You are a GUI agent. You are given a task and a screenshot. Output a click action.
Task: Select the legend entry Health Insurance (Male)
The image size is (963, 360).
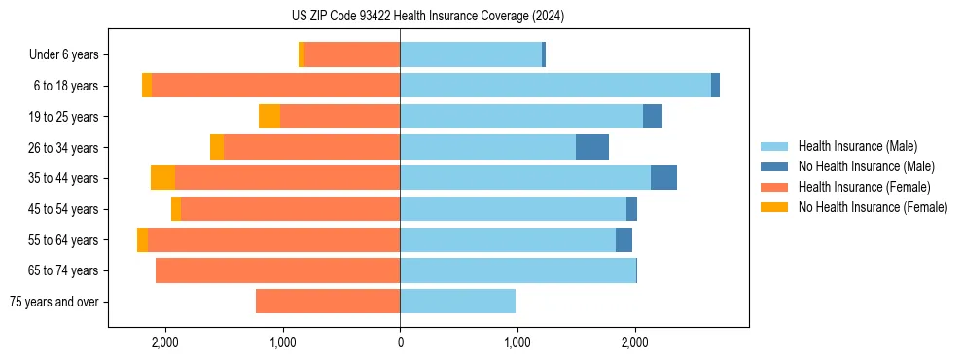(x=857, y=146)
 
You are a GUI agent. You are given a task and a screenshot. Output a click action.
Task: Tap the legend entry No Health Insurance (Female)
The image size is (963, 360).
(x=873, y=207)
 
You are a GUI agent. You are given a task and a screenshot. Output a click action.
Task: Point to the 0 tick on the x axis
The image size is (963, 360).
(x=400, y=343)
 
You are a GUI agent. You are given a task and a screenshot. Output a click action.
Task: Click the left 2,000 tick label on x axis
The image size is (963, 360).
(x=165, y=343)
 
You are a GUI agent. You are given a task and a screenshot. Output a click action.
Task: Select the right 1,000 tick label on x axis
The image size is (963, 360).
(x=517, y=343)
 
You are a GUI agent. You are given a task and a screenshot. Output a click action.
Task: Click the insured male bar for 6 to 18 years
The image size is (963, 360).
(x=554, y=86)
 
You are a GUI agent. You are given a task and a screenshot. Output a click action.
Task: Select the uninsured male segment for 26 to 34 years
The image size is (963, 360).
(x=592, y=147)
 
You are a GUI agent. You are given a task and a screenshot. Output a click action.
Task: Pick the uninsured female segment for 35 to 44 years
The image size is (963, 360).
(x=162, y=178)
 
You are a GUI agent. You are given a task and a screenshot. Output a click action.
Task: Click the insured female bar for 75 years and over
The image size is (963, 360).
(x=328, y=302)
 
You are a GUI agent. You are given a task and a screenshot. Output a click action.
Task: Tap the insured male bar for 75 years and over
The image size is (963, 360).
(x=457, y=302)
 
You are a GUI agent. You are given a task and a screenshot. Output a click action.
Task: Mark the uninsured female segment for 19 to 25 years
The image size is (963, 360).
(x=269, y=117)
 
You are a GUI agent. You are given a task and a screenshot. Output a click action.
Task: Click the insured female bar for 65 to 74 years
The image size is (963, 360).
(x=277, y=270)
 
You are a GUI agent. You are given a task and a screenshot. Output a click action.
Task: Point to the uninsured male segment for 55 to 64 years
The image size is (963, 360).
(x=624, y=239)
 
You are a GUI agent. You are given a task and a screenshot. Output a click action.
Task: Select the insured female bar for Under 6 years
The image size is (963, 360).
(x=352, y=55)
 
